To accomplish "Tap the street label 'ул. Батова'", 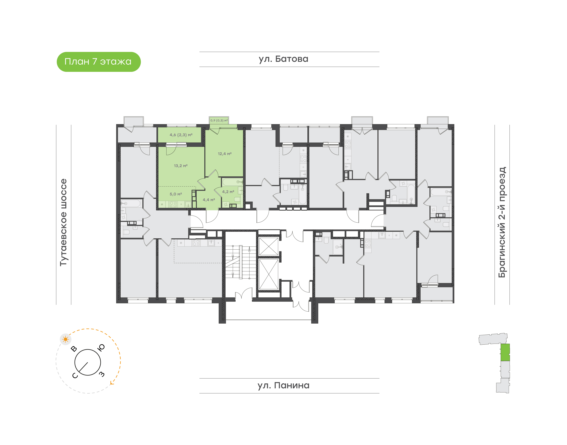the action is pyautogui.click(x=283, y=59).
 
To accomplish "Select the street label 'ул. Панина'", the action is pyautogui.click(x=283, y=385).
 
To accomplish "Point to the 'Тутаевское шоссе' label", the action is pyautogui.click(x=63, y=222).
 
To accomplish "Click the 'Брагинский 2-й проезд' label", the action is pyautogui.click(x=502, y=222).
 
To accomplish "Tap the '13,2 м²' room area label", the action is pyautogui.click(x=181, y=166).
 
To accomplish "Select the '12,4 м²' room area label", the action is pyautogui.click(x=225, y=154).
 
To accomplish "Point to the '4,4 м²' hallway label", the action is pyautogui.click(x=209, y=200).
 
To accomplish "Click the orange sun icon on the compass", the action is pyautogui.click(x=65, y=339).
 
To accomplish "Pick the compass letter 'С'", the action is pyautogui.click(x=75, y=376).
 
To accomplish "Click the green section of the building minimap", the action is pyautogui.click(x=505, y=352).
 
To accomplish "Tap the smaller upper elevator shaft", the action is pyautogui.click(x=269, y=246).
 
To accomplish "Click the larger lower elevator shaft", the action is pyautogui.click(x=269, y=274).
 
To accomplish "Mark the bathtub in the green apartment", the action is pyautogui.click(x=232, y=182).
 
